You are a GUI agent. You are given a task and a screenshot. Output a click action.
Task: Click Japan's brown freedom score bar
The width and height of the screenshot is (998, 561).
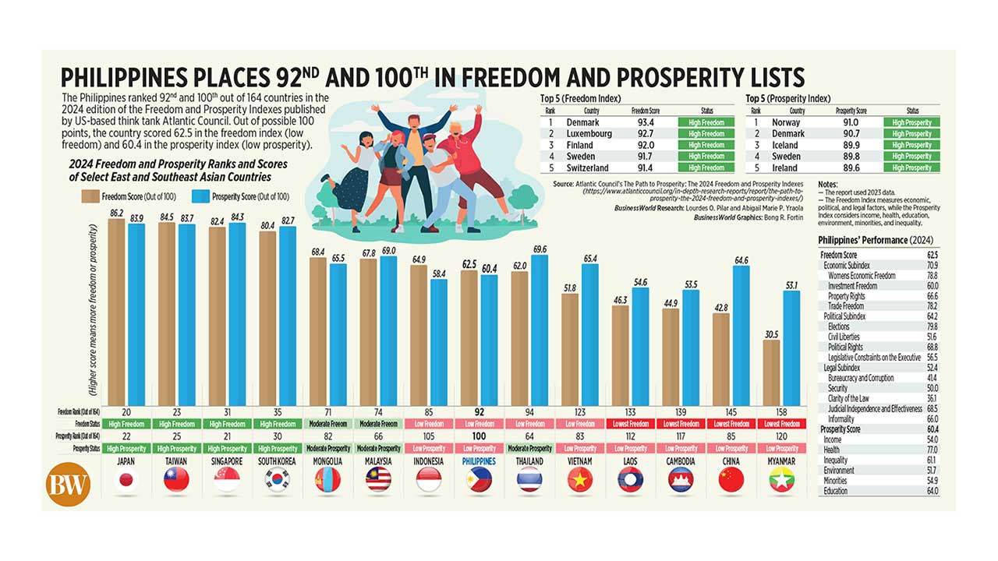[117, 312]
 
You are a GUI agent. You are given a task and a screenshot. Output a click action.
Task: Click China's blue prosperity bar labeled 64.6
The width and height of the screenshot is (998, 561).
[741, 336]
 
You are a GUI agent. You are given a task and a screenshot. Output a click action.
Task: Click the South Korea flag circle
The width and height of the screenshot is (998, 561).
[277, 481]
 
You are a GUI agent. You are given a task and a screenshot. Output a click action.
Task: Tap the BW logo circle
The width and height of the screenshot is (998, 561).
[69, 483]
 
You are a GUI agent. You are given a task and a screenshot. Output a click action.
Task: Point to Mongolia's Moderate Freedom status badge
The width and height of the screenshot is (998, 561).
[327, 423]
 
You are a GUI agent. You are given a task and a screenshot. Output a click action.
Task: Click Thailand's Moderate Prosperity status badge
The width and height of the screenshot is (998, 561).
[529, 448]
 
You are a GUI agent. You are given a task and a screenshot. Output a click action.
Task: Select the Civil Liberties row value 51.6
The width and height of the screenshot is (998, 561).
[930, 337]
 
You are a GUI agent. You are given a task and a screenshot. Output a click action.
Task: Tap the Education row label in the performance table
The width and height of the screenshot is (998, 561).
[835, 491]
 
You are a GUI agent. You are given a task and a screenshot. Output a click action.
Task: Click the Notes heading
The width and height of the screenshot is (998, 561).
[828, 185]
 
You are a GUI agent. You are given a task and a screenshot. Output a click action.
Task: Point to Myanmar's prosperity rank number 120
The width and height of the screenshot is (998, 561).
[781, 436]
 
